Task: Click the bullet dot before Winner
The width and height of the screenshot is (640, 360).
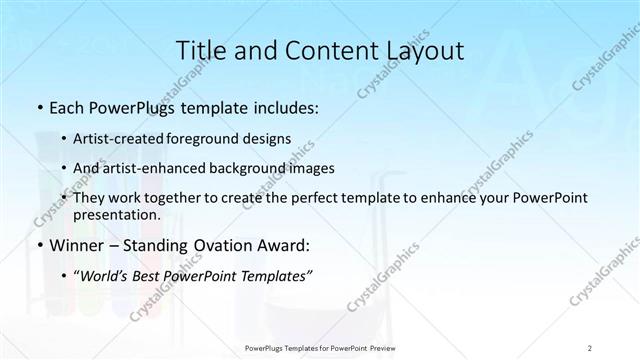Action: click(38, 246)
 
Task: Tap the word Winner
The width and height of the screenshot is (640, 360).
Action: click(76, 246)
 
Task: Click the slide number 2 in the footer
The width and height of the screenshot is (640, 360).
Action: click(590, 347)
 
